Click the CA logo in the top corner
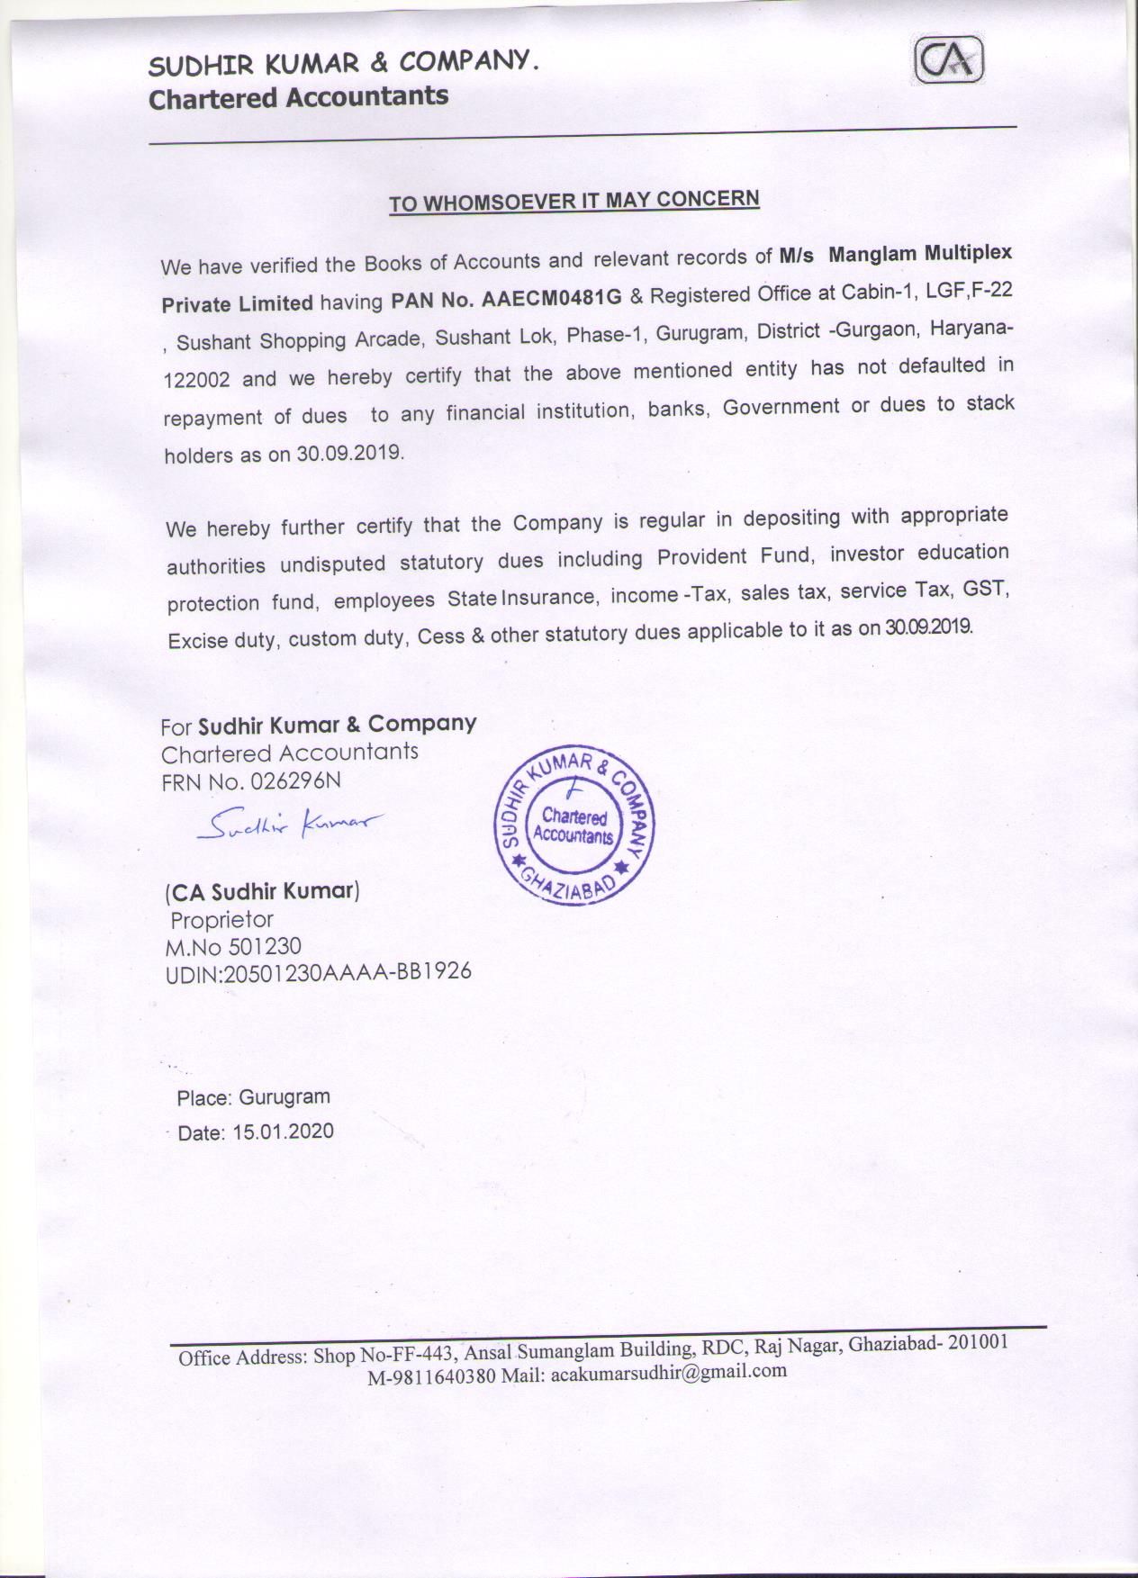[949, 62]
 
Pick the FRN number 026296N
[297, 780]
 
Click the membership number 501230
[265, 946]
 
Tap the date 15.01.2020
[283, 1132]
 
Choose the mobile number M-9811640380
[430, 1377]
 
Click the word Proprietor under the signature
[221, 920]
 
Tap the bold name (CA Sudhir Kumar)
[262, 891]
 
